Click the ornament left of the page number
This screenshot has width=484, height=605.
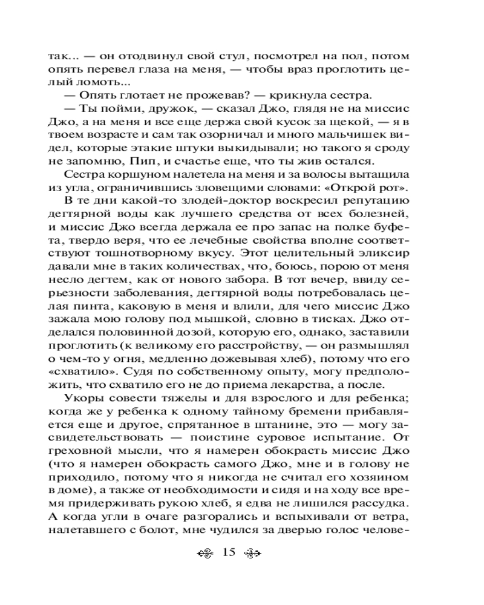206,553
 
